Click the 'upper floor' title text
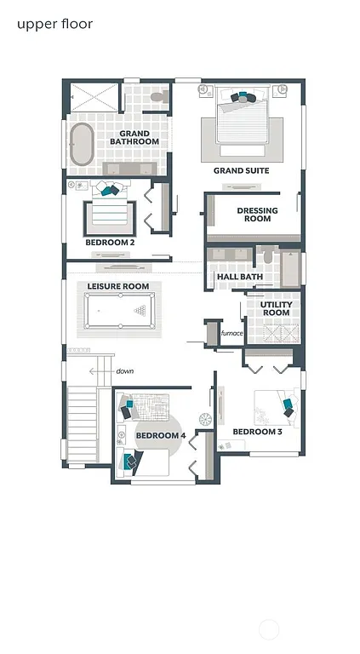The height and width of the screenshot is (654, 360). pyautogui.click(x=54, y=24)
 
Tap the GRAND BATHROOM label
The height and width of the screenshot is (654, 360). pyautogui.click(x=134, y=137)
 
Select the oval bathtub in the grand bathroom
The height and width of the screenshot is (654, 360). pyautogui.click(x=82, y=146)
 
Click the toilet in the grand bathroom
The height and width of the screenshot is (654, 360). pyautogui.click(x=157, y=97)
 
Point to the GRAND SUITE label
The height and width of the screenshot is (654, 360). pyautogui.click(x=241, y=171)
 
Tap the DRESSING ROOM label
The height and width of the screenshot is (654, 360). pyautogui.click(x=254, y=215)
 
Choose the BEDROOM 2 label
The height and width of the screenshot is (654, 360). pyautogui.click(x=110, y=243)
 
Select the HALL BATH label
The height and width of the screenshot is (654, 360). pyautogui.click(x=239, y=277)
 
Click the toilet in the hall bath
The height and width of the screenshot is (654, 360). pyautogui.click(x=266, y=255)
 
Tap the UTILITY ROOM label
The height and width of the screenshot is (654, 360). pyautogui.click(x=276, y=308)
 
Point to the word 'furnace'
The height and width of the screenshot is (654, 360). pyautogui.click(x=232, y=333)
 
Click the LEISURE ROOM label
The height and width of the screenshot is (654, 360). pyautogui.click(x=118, y=286)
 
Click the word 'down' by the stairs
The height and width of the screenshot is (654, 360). pyautogui.click(x=124, y=371)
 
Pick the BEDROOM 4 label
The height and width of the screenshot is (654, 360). pyautogui.click(x=161, y=436)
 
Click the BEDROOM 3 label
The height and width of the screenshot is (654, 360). pyautogui.click(x=257, y=432)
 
